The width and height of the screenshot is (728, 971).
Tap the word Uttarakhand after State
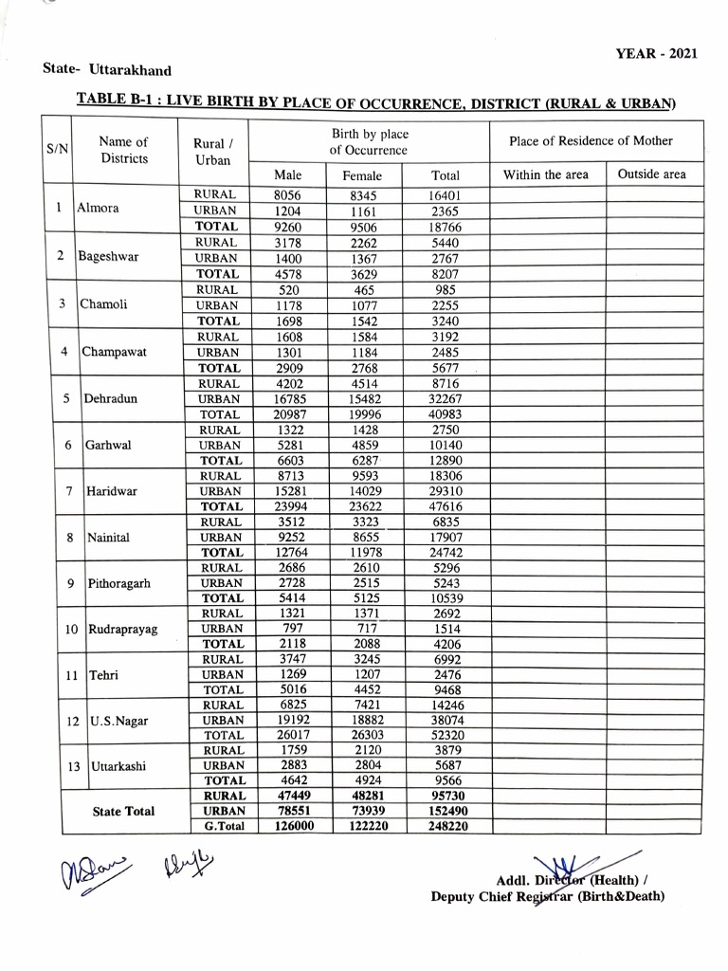click(130, 69)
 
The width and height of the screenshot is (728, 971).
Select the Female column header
click(362, 175)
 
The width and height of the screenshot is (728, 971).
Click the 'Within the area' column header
click(545, 174)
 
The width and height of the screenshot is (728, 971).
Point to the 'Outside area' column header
click(651, 174)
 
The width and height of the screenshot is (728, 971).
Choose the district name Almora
click(99, 210)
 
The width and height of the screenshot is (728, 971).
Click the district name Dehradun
click(110, 399)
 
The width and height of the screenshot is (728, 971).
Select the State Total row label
click(123, 812)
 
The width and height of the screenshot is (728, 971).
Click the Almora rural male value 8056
click(286, 194)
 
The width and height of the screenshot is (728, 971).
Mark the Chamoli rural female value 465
click(362, 289)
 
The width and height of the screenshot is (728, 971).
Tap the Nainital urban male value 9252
click(286, 537)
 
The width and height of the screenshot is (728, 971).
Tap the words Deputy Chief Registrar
click(502, 896)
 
